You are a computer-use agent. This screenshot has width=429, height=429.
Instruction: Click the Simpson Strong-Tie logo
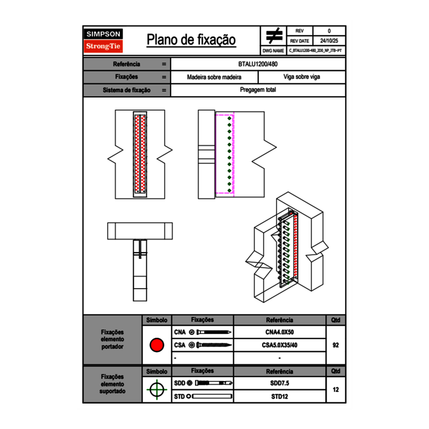pos(104,40)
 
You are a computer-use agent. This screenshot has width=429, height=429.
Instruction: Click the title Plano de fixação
pos(191,40)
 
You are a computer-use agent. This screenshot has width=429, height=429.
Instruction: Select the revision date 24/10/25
pos(329,41)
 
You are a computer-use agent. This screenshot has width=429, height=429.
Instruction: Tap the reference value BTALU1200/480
pos(258,64)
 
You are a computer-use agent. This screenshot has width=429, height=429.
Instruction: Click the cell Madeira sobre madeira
pos(214,77)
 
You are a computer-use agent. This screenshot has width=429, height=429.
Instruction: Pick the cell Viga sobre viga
pos(301,77)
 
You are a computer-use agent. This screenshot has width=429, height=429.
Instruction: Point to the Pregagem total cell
pos(258,90)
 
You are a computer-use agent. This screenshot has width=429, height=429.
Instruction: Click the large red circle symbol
pos(156,345)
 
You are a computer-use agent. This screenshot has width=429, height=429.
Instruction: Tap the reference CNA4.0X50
pos(279,332)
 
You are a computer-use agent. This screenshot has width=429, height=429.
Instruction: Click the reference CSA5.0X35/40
pos(279,345)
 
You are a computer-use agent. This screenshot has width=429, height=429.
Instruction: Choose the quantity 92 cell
pos(335,345)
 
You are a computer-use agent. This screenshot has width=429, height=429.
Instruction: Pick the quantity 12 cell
pos(335,390)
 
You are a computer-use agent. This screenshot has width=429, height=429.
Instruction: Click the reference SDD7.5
pos(279,383)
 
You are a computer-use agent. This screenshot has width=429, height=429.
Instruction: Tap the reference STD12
pos(279,396)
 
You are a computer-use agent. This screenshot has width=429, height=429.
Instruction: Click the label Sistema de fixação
pos(127,90)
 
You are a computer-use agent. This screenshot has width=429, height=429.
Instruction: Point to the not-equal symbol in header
pos(274,36)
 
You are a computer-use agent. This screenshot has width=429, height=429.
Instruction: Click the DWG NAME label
pos(273,51)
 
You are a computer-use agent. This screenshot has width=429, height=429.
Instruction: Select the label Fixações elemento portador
pos(113,339)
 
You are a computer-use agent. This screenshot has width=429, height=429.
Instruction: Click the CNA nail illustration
pos(214,332)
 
